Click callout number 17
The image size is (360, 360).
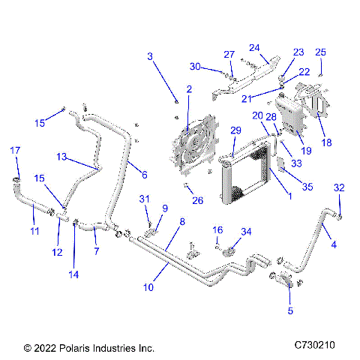(x=14, y=151)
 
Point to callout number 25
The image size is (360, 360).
(x=320, y=52)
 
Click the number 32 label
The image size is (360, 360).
(x=339, y=187)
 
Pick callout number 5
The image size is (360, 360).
(x=290, y=310)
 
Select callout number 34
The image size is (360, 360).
(x=246, y=231)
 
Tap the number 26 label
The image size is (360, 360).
(x=197, y=200)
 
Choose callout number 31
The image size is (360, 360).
(x=144, y=198)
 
